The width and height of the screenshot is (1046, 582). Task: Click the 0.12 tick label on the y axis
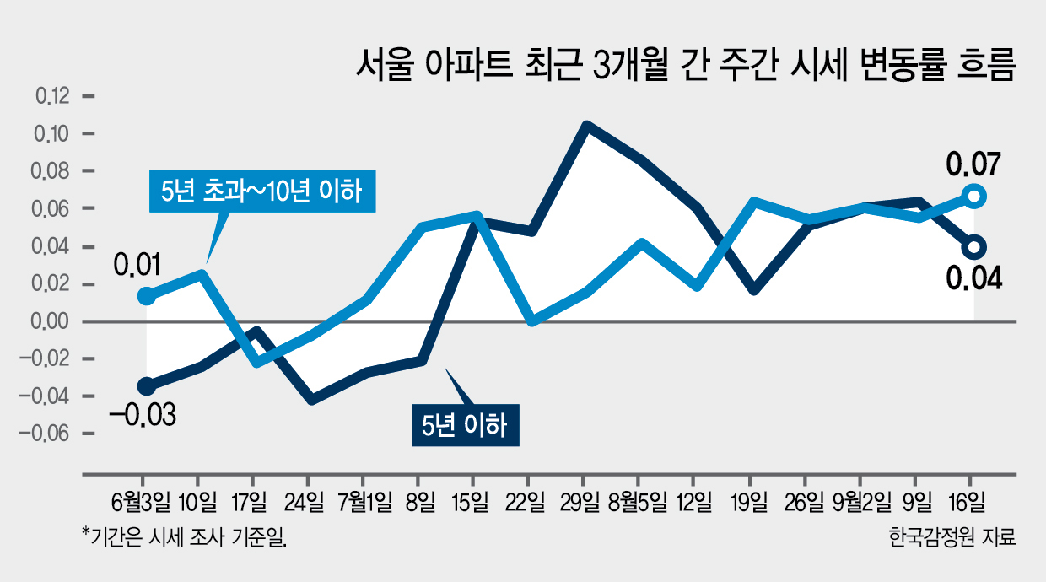tap(52, 96)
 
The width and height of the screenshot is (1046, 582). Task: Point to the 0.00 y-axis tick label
tap(50, 321)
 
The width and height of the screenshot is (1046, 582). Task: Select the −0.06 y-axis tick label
tap(43, 434)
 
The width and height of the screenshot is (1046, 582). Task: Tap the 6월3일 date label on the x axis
tap(141, 503)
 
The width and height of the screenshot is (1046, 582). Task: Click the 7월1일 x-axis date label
tap(364, 503)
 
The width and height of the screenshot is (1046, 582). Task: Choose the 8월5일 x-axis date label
tap(638, 503)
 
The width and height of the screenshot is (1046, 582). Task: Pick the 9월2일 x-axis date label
tap(861, 503)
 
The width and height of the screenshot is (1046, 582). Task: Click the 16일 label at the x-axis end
tap(968, 503)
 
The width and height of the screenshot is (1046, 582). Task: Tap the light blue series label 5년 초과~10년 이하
tap(262, 191)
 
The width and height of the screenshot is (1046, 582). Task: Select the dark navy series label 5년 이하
tap(465, 425)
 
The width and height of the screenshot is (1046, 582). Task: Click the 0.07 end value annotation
tap(973, 164)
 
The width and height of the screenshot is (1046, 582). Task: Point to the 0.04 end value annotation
tap(974, 279)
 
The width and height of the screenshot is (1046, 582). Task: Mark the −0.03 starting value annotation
tap(143, 415)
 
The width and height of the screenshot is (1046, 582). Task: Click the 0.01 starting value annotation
tap(137, 264)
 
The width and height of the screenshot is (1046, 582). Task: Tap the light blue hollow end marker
tap(974, 197)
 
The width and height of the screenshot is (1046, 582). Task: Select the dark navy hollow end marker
tap(974, 246)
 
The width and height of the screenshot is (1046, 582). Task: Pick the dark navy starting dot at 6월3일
tap(146, 386)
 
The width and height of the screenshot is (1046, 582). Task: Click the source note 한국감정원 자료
tap(952, 537)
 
